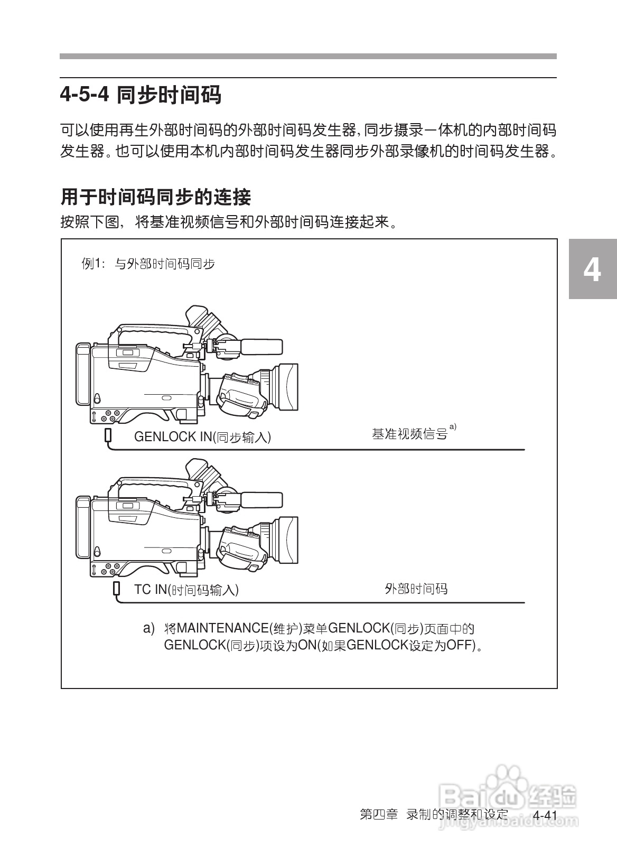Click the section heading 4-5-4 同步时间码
[141, 95]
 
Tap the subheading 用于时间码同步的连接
[156, 197]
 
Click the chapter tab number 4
[592, 270]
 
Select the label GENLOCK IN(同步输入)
[202, 437]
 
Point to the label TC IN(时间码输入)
[186, 590]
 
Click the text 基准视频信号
[409, 434]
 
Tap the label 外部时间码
[416, 589]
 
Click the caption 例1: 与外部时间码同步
[148, 264]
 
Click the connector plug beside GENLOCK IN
[108, 435]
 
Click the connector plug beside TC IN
[116, 588]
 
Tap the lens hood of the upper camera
[288, 387]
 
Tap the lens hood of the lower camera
[288, 540]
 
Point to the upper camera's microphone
[261, 347]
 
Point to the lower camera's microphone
[261, 500]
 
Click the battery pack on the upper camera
[83, 374]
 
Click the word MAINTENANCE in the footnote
[222, 629]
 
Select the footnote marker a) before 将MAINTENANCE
[149, 629]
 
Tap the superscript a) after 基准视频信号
[453, 426]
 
